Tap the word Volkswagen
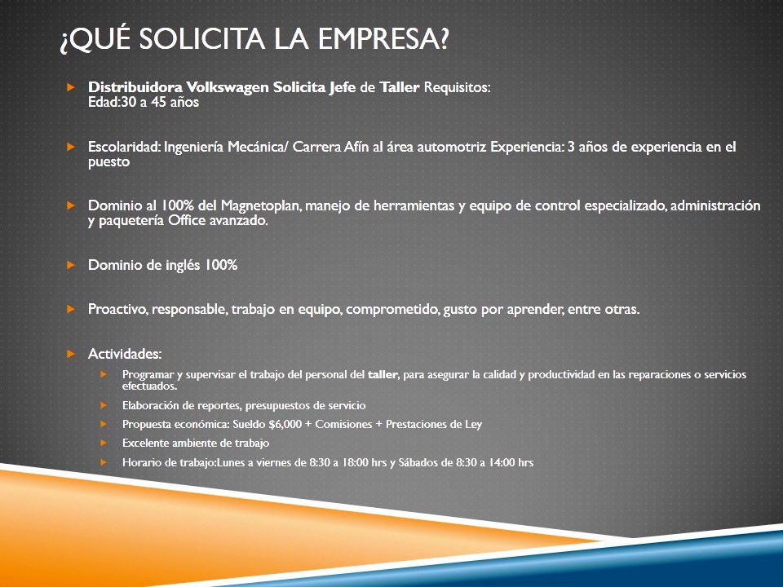click(228, 87)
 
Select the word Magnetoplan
click(261, 206)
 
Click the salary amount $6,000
click(285, 424)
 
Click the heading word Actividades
click(125, 354)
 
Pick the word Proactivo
click(117, 310)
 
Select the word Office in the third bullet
click(187, 221)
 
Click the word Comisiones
click(343, 424)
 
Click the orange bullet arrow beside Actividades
click(70, 354)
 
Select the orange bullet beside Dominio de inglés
click(70, 264)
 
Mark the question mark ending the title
click(444, 39)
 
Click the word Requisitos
click(457, 87)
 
